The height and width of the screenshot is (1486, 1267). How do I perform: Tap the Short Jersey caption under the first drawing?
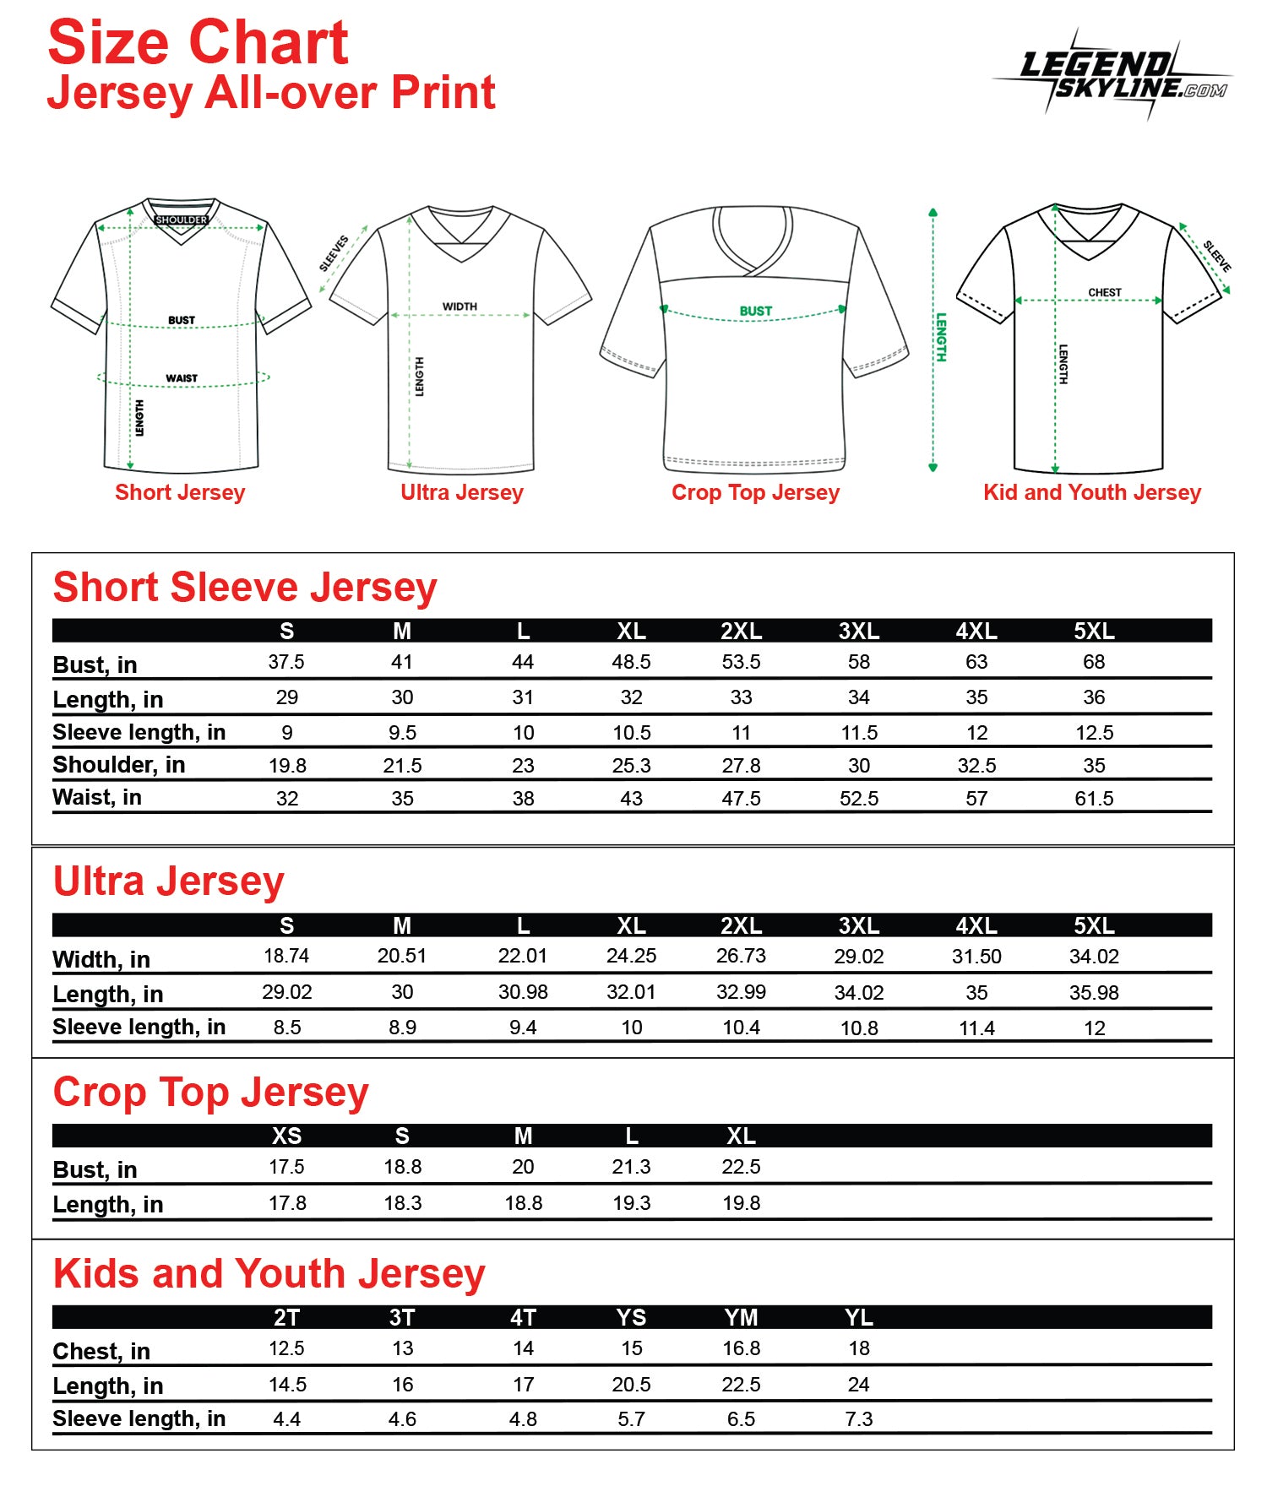[x=180, y=492]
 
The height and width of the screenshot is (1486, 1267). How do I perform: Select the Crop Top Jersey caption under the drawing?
[x=755, y=492]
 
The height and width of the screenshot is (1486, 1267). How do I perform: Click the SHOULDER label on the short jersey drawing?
[x=181, y=220]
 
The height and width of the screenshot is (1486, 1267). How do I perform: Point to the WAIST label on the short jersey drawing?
[x=182, y=378]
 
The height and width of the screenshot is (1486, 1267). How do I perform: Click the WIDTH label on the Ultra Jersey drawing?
[x=459, y=306]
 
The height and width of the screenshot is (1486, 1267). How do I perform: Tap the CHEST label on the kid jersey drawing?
[x=1104, y=292]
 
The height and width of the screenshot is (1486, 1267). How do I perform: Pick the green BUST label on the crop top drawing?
[x=755, y=311]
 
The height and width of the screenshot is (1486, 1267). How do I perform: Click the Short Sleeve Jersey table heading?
[x=245, y=588]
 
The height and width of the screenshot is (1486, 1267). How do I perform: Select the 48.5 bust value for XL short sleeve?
[x=631, y=662]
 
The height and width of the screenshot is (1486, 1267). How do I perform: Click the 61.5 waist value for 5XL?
[x=1094, y=799]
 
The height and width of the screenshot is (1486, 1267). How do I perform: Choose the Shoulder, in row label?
[x=119, y=765]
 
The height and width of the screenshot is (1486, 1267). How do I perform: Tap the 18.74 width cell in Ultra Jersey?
[x=286, y=956]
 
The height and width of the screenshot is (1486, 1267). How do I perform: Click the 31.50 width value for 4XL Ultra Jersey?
[x=976, y=957]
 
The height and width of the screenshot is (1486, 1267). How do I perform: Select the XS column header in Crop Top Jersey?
[x=286, y=1136]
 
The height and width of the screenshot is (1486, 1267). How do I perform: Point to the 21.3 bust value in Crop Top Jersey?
[x=631, y=1167]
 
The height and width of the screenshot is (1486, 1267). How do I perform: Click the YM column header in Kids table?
[x=741, y=1318]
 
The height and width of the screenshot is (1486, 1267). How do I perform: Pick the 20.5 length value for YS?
[x=631, y=1385]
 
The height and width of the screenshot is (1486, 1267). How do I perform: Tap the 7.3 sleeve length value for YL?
[x=858, y=1419]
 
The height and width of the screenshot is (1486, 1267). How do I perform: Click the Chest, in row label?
[x=101, y=1352]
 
